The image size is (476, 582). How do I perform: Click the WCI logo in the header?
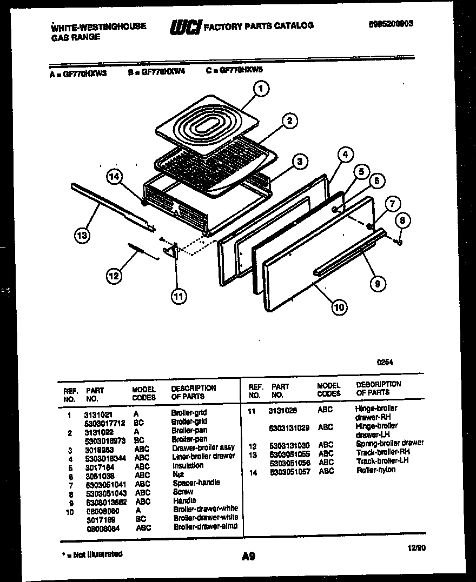pyautogui.click(x=186, y=26)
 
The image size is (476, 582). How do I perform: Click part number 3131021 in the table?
pyautogui.click(x=98, y=414)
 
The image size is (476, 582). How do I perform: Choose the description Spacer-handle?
pyautogui.click(x=196, y=483)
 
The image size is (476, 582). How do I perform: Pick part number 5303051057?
pyautogui.click(x=290, y=471)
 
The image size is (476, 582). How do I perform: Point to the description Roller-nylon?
pyautogui.click(x=375, y=470)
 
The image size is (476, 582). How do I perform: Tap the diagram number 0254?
pyautogui.click(x=385, y=364)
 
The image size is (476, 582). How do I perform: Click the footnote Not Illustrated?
pyautogui.click(x=94, y=554)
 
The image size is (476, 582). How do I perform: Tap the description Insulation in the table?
pyautogui.click(x=188, y=465)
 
